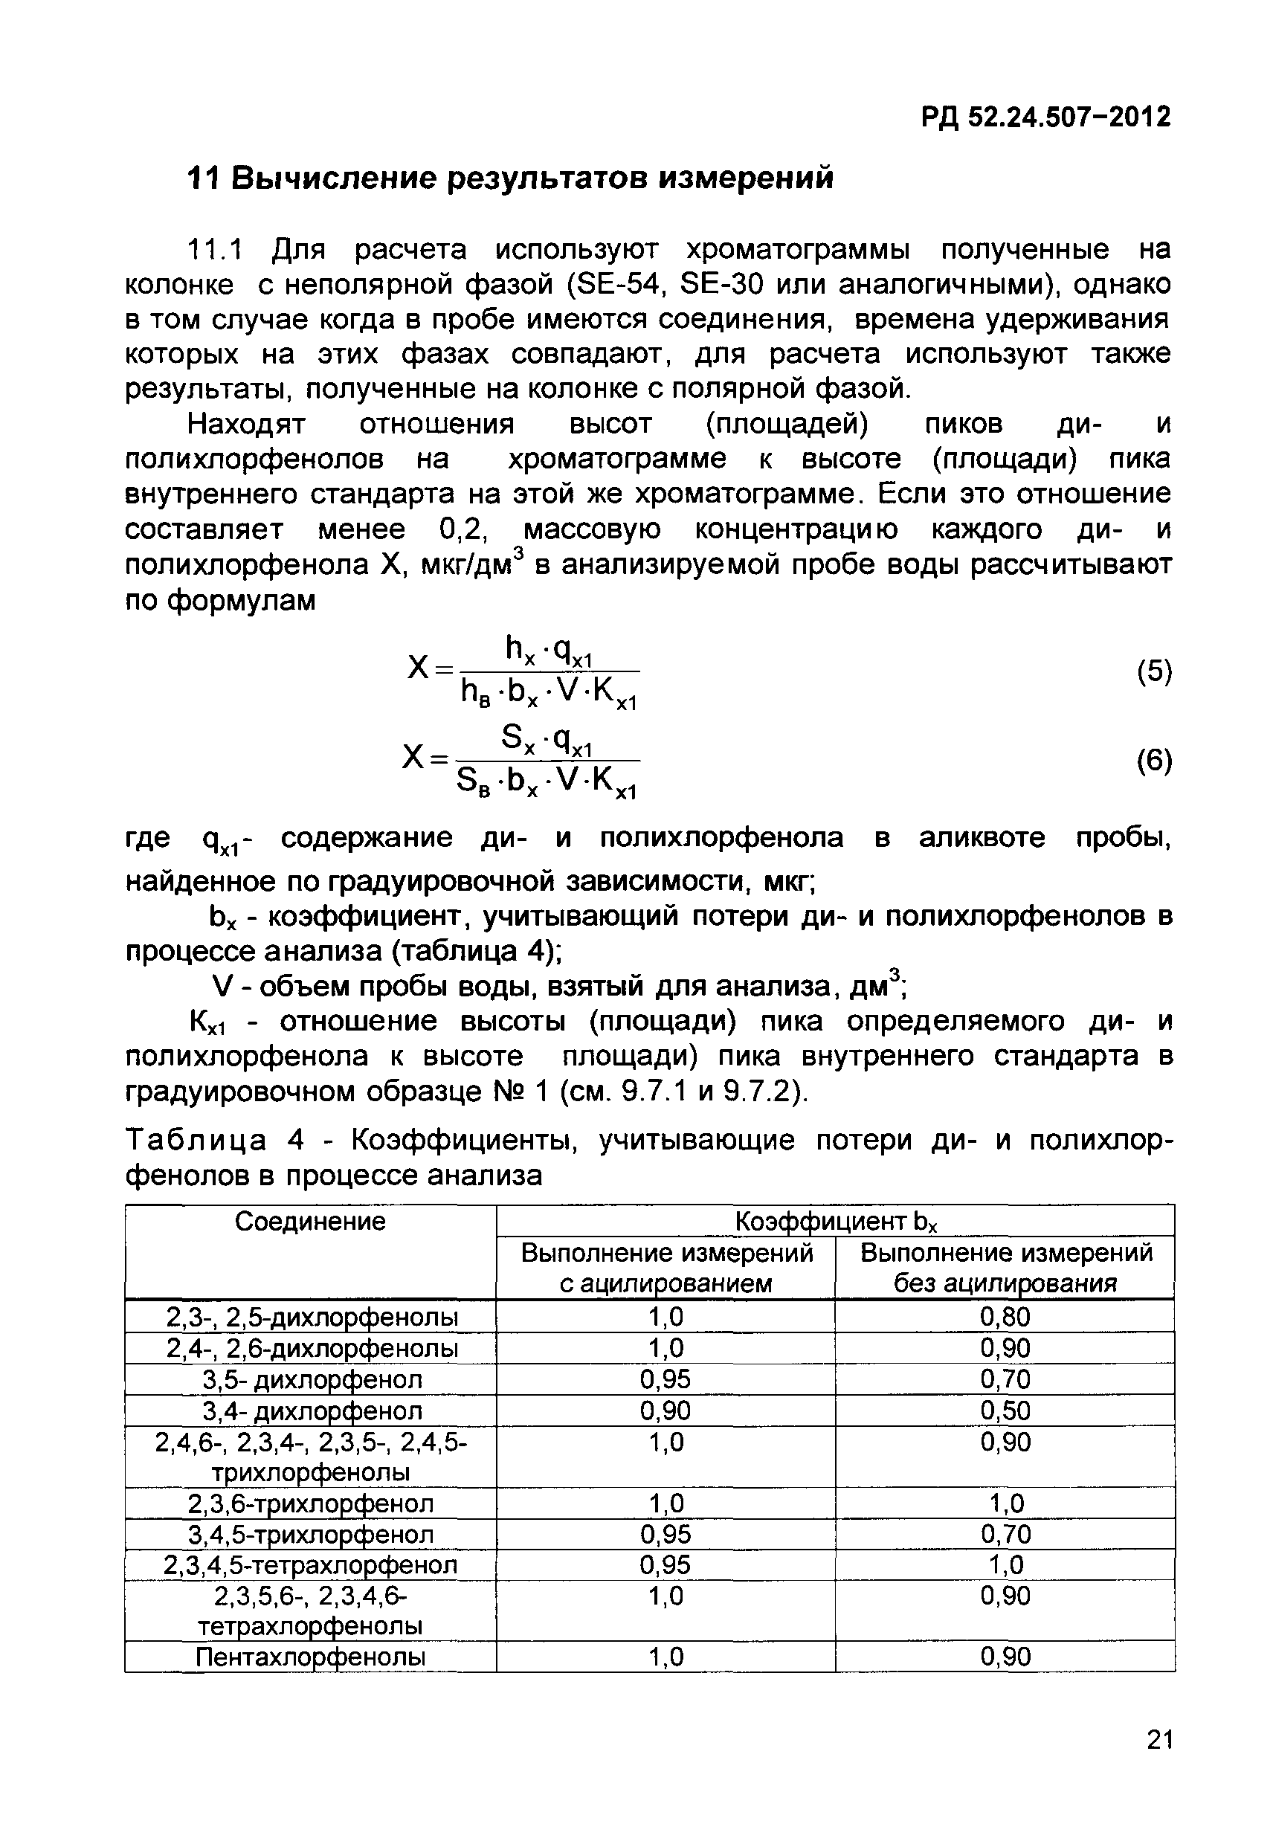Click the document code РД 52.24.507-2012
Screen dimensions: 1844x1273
(1045, 117)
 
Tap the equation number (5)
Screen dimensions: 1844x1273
(1154, 671)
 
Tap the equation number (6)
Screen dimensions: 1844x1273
(1154, 761)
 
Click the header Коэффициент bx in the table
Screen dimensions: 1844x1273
(835, 1221)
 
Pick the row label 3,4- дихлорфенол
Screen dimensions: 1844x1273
(311, 1411)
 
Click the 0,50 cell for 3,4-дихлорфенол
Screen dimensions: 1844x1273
(1005, 1411)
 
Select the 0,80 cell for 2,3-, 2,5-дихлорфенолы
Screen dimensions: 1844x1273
(1005, 1317)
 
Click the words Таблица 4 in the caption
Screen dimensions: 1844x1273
(216, 1141)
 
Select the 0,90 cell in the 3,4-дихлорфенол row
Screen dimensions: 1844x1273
(665, 1411)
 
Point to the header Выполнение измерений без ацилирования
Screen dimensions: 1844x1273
(1005, 1267)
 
